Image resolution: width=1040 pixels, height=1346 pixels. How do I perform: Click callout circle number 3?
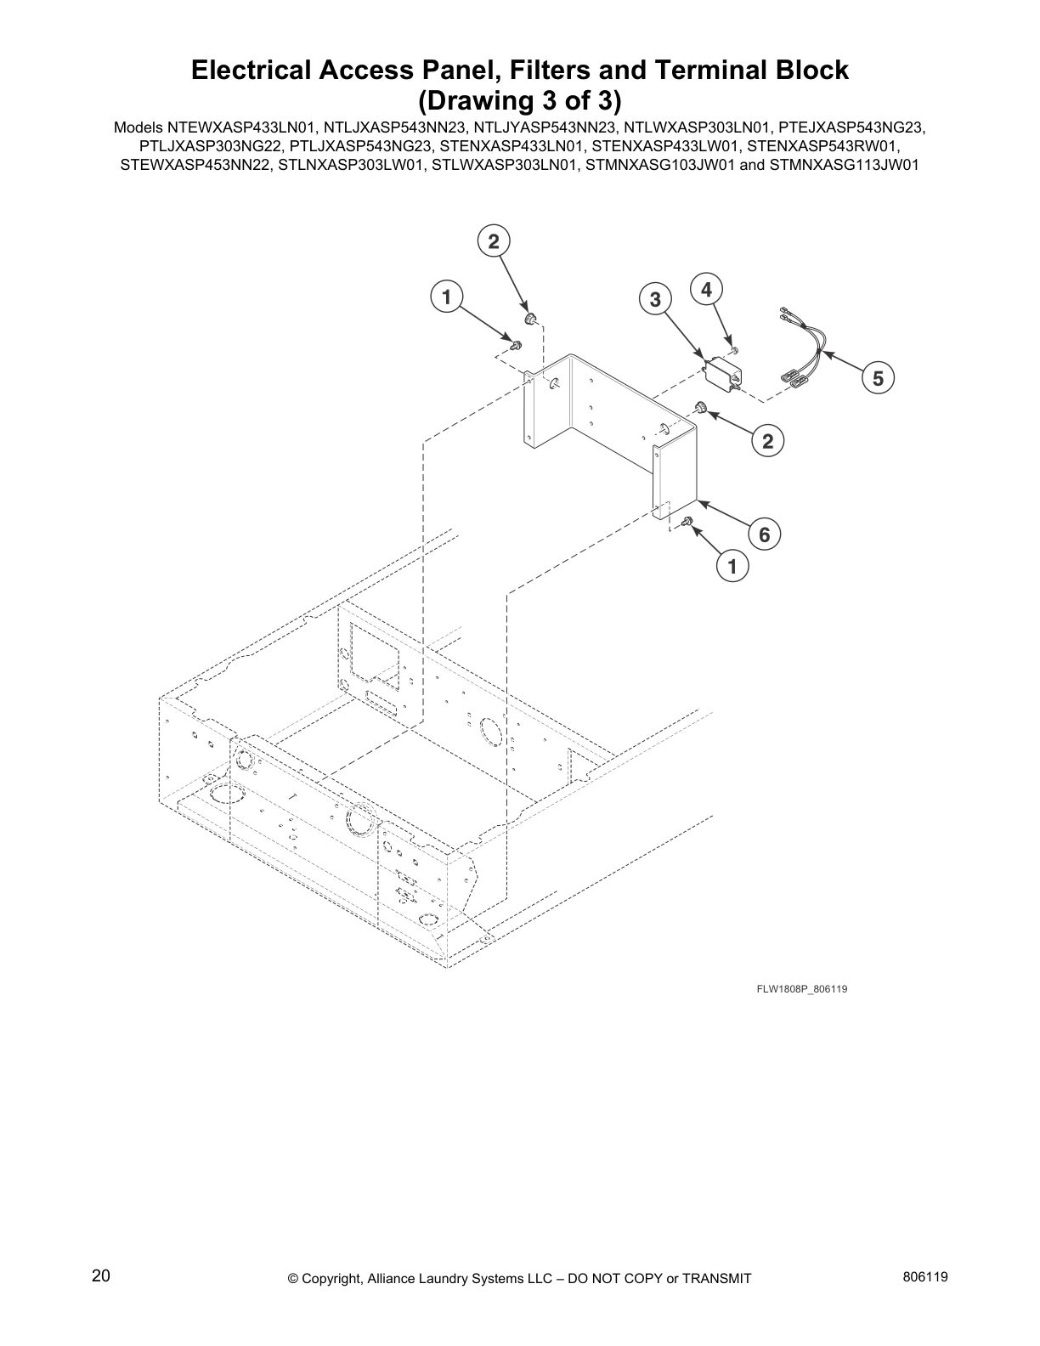coord(655,299)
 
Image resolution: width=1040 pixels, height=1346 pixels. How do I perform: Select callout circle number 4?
coord(706,289)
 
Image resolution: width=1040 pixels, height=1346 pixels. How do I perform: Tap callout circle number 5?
coord(878,378)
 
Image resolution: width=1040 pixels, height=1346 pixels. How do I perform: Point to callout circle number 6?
coord(764,534)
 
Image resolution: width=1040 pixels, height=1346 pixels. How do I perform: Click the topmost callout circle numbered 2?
coord(493,241)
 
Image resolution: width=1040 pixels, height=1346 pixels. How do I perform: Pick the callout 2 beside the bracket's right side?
coord(767,440)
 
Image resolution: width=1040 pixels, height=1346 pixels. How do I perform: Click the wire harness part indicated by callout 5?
coord(803,348)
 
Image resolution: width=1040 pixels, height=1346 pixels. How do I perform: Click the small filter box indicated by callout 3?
coord(723,373)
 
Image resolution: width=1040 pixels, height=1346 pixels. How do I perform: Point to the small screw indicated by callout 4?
coord(735,349)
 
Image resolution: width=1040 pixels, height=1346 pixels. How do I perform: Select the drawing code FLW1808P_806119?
coord(802,989)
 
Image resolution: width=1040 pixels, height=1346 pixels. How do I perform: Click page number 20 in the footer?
coord(101,1275)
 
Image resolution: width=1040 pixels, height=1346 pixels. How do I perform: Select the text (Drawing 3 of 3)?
coord(519,101)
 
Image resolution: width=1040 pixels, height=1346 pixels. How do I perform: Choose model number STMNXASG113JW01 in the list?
coord(844,165)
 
